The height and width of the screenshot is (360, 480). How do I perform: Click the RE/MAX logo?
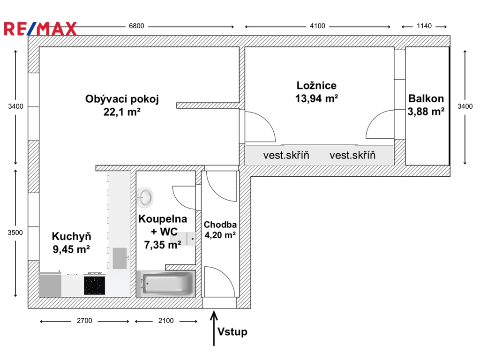point(40,29)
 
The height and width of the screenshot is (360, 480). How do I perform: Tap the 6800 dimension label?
point(136,26)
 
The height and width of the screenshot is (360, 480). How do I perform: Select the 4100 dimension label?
point(317,26)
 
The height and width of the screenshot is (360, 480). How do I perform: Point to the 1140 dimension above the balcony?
point(424,26)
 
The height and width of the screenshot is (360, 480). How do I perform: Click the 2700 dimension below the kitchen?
point(84,321)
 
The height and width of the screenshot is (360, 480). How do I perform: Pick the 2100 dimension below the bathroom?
point(166,321)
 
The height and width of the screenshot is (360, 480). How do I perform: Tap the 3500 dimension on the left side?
point(15,232)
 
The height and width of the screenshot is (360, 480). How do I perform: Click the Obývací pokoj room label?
point(122,99)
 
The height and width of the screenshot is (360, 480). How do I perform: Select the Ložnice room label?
point(316,85)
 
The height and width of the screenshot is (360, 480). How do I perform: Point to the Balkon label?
point(426,98)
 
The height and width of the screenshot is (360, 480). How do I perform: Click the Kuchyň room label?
point(72,236)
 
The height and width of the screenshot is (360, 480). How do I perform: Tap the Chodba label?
point(220,225)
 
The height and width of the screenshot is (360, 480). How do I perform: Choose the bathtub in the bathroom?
point(166,284)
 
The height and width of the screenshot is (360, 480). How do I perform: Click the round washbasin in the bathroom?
point(145,196)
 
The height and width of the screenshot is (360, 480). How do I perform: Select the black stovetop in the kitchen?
point(95,285)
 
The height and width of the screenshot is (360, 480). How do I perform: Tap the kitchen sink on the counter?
point(120,258)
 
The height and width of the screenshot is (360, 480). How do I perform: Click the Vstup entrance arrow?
point(214,328)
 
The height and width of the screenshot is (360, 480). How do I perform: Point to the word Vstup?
point(232,332)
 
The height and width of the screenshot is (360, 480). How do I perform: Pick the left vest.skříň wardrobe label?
point(286,155)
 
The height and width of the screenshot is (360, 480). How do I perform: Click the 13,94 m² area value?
point(316,98)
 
